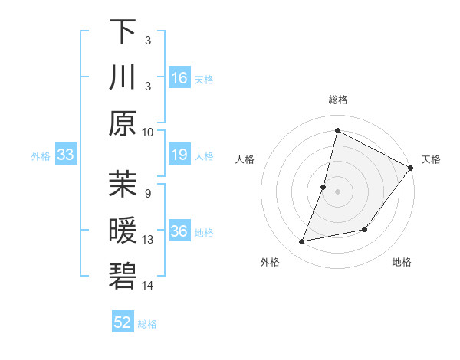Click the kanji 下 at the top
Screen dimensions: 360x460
coord(122,32)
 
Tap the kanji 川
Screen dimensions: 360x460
coord(122,77)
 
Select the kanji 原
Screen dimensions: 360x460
coord(122,123)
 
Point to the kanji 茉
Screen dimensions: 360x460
coord(122,185)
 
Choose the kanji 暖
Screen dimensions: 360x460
coord(122,231)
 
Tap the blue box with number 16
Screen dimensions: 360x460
coord(179,77)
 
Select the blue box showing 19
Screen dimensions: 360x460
coord(179,155)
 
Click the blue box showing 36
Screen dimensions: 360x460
coord(179,232)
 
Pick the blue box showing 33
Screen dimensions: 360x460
coord(65,155)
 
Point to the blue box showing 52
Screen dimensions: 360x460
coord(122,322)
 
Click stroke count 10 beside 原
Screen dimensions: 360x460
coord(148,131)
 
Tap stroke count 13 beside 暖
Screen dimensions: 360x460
coord(148,240)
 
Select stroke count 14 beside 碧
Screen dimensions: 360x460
coord(148,286)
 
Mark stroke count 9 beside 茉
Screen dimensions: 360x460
coord(148,194)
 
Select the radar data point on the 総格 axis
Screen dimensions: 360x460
coord(337,130)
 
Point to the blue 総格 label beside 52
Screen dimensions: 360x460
coord(147,324)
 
